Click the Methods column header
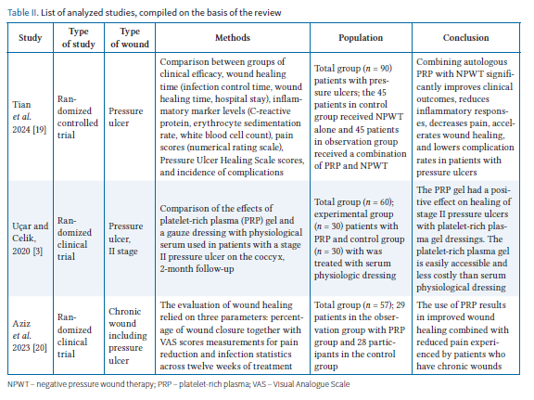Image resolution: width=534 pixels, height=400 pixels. click(233, 37)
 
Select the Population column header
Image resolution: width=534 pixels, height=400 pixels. click(361, 37)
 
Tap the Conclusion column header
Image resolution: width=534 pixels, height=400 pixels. click(466, 37)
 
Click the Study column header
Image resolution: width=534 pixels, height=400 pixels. click(31, 37)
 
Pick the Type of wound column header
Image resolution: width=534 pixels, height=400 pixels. click(130, 37)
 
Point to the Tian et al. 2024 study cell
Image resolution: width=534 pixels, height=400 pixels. click(30, 117)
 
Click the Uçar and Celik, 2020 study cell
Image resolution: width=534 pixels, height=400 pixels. click(31, 239)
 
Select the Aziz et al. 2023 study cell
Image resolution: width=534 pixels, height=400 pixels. click(30, 336)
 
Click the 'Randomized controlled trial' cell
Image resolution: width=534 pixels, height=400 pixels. click(78, 117)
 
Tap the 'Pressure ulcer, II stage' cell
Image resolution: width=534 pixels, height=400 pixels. click(126, 239)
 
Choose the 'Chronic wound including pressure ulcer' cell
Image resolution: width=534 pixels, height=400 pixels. click(128, 336)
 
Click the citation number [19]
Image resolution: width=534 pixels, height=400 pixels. click(39, 130)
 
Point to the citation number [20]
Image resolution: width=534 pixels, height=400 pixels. click(40, 348)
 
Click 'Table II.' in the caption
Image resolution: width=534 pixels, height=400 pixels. click(23, 13)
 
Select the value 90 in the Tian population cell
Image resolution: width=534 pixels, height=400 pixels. click(386, 68)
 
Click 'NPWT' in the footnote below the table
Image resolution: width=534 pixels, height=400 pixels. click(19, 384)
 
